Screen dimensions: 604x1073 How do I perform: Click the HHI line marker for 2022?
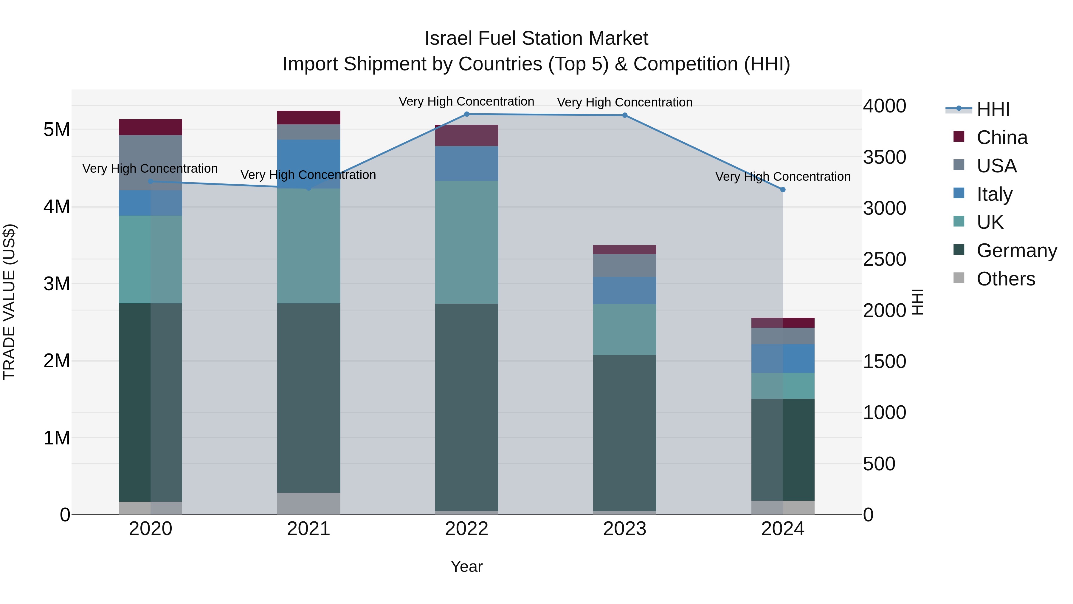(466, 114)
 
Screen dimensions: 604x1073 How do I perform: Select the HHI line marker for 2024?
(783, 190)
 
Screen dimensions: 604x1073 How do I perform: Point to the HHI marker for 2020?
(151, 181)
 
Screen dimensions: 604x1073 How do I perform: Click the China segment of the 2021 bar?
(309, 118)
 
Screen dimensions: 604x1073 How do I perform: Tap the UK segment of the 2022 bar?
(466, 242)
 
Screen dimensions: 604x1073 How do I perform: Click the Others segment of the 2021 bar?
(309, 503)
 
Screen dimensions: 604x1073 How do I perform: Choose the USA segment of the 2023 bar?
(624, 265)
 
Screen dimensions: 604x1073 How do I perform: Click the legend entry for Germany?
(1016, 251)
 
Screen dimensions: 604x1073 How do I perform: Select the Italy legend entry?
(994, 194)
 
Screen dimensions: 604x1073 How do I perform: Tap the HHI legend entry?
(993, 109)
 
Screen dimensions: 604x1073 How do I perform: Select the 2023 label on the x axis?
(624, 529)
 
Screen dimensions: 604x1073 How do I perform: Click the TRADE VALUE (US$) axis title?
(9, 302)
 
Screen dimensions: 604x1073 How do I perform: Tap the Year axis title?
(466, 566)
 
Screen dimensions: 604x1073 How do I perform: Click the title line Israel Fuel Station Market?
(536, 38)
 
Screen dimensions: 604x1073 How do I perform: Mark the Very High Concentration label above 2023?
(624, 102)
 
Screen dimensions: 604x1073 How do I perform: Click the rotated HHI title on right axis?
(917, 302)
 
